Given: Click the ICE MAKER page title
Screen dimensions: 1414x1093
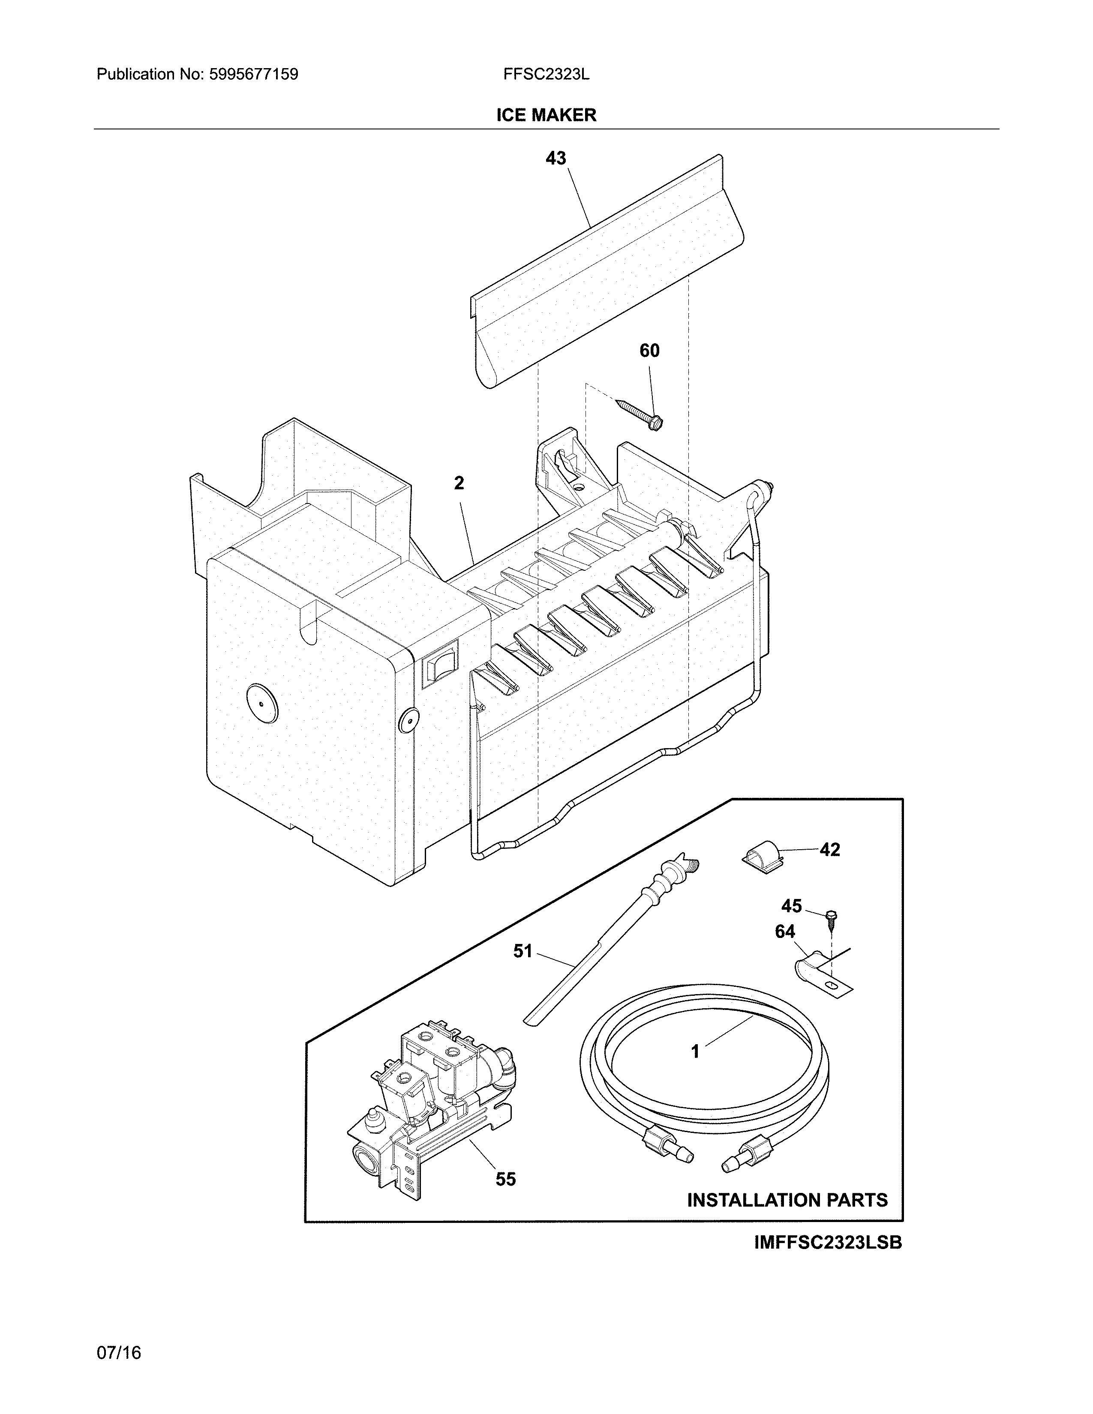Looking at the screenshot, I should pyautogui.click(x=546, y=115).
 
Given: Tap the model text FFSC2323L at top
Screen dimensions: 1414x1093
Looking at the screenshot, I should pyautogui.click(x=546, y=75).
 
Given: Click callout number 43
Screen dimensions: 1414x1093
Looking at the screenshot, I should pyautogui.click(x=556, y=158).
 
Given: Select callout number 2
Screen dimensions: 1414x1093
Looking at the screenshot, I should pyautogui.click(x=459, y=483).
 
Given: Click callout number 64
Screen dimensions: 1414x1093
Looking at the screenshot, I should pyautogui.click(x=785, y=932).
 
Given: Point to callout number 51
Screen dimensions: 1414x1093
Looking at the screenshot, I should pyautogui.click(x=522, y=951).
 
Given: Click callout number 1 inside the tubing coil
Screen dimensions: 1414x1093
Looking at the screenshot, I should pyautogui.click(x=695, y=1052).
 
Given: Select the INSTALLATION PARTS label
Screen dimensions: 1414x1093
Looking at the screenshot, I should pyautogui.click(x=787, y=1200).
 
